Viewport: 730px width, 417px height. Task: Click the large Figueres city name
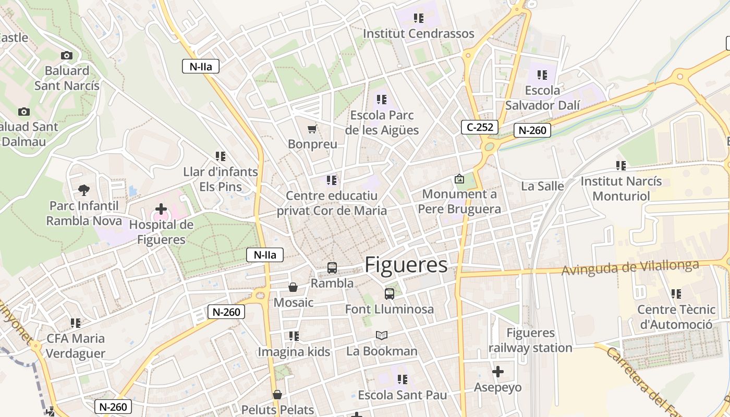(406, 265)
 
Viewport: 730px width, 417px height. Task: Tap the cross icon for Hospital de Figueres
(161, 210)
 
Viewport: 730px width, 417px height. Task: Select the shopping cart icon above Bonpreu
(312, 129)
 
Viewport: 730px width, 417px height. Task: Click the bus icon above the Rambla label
(332, 268)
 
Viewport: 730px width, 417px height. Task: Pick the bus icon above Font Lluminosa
(390, 293)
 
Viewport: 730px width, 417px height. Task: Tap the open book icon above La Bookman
(382, 336)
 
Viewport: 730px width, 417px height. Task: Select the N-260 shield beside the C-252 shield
(532, 130)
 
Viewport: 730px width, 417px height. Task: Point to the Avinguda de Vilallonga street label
(630, 268)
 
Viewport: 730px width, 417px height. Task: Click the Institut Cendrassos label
(418, 33)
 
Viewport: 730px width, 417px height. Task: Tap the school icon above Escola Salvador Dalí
(542, 75)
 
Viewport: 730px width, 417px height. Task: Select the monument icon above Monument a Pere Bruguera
(459, 179)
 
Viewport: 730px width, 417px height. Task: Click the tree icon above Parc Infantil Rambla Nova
(83, 190)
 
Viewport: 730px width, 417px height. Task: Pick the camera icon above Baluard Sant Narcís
(67, 55)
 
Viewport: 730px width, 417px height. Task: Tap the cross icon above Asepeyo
(498, 372)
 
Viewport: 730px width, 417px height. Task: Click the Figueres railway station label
(531, 340)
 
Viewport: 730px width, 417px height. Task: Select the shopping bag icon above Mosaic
(293, 287)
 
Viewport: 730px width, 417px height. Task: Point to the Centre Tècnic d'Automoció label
(676, 317)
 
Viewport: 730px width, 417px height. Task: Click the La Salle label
(542, 186)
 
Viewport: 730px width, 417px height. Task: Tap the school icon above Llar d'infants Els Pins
(221, 156)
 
